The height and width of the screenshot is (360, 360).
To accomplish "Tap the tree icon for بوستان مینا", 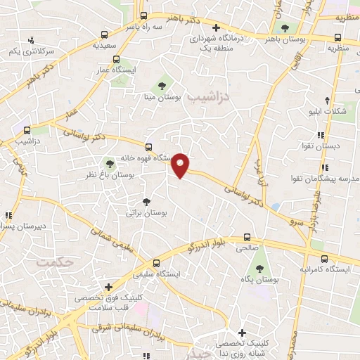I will pos(163,84).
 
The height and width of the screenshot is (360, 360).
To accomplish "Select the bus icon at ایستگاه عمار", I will pos(117,60).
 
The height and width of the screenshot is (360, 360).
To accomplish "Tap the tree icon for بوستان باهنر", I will pos(285,28).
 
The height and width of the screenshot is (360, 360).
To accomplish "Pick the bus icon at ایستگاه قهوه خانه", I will pos(148,147).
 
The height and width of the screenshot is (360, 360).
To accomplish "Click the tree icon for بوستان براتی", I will pos(146,202).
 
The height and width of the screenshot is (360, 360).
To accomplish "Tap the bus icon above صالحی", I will pos(247,237).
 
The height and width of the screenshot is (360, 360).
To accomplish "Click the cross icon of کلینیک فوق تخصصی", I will pos(108,287).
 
